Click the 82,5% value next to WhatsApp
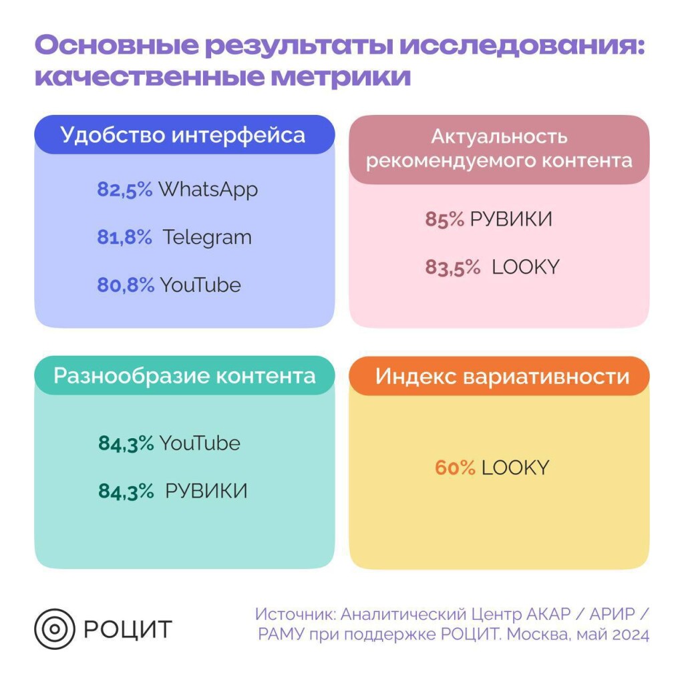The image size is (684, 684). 125,190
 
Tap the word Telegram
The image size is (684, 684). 207,237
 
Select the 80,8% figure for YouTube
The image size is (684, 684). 125,285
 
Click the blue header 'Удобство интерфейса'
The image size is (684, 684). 183,135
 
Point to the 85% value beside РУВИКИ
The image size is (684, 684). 444,219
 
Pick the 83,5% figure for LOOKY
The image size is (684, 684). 453,267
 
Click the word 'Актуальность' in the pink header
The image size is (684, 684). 499,137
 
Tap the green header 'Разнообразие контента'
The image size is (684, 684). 184,375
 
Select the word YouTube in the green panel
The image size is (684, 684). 199,443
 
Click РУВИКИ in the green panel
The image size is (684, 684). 206,491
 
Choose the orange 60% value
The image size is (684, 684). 455,468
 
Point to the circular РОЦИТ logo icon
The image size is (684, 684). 55,629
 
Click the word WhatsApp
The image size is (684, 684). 208,190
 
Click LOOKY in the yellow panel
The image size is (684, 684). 515,468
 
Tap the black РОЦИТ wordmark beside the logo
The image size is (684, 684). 128,629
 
